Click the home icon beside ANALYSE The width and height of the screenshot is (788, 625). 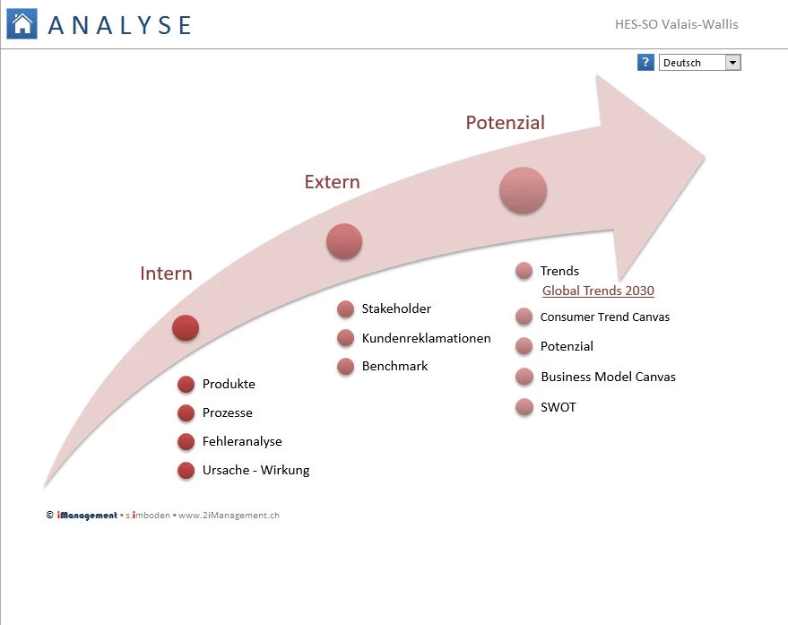[22, 23]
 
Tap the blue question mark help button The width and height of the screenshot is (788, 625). [645, 63]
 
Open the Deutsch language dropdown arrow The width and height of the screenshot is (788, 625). [732, 63]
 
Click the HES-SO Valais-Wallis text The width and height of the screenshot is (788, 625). [677, 24]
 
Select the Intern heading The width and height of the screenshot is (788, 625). [166, 273]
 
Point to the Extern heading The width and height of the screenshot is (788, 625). [333, 181]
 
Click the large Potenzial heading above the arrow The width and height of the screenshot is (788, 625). [505, 123]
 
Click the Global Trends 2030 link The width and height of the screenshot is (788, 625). [598, 291]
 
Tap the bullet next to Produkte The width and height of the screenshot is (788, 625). [186, 384]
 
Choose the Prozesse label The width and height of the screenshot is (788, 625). [227, 412]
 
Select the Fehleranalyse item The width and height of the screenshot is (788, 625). [242, 441]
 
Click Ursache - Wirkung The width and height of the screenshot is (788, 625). [255, 470]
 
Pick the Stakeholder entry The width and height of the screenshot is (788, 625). [396, 308]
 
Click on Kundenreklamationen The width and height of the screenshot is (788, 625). [426, 338]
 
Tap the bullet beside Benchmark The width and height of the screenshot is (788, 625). [346, 367]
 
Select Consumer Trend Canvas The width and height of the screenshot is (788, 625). [604, 317]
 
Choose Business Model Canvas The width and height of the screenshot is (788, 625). [608, 377]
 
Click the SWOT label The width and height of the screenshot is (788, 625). [558, 407]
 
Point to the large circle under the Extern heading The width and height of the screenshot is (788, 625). [344, 241]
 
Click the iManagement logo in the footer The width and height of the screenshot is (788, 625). [87, 516]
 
